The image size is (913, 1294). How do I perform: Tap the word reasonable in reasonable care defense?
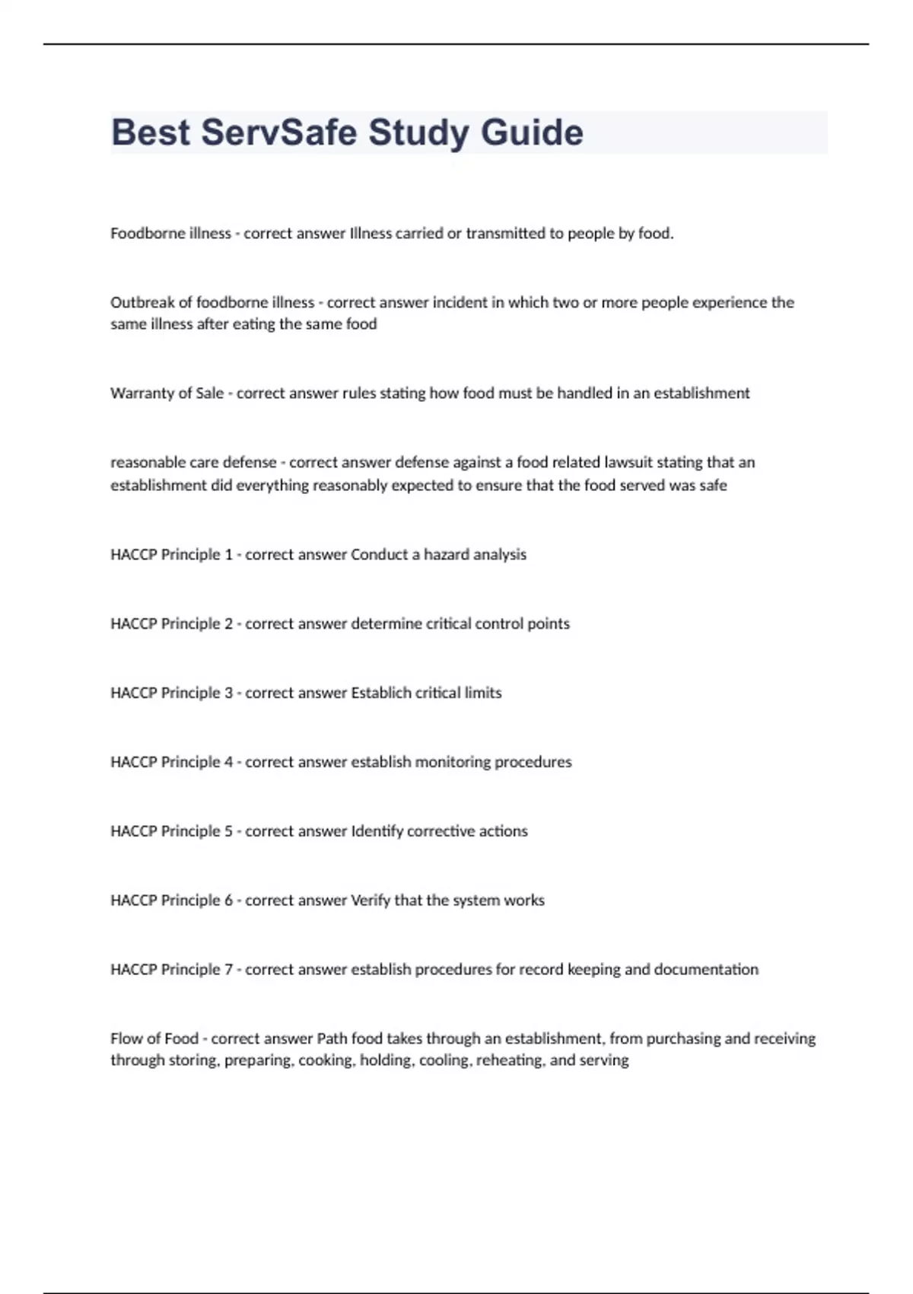click(144, 462)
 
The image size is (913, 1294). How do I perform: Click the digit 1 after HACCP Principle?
click(228, 555)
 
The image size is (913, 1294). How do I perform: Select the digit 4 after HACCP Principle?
click(228, 762)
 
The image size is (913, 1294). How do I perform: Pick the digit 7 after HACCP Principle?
click(228, 970)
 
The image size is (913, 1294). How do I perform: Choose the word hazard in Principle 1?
click(447, 555)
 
